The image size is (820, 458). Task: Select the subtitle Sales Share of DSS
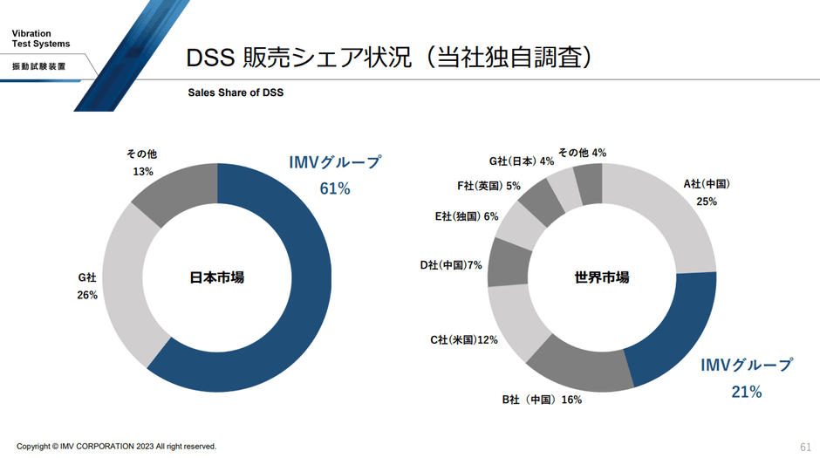(236, 92)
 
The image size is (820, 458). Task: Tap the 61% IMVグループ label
(335, 174)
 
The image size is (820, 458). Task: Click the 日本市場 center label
(216, 277)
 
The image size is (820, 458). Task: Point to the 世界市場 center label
(602, 277)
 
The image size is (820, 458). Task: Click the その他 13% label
(142, 163)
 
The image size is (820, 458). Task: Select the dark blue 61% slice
(297, 288)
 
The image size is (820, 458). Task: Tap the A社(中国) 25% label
(706, 192)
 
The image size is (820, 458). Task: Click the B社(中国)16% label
(541, 400)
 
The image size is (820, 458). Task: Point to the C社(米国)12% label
(463, 339)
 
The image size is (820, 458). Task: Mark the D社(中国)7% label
(450, 264)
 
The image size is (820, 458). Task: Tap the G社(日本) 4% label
(521, 161)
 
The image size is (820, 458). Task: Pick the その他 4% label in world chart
(582, 153)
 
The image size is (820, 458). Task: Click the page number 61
(805, 446)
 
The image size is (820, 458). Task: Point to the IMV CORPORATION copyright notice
(116, 446)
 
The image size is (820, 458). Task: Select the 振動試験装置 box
(38, 66)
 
